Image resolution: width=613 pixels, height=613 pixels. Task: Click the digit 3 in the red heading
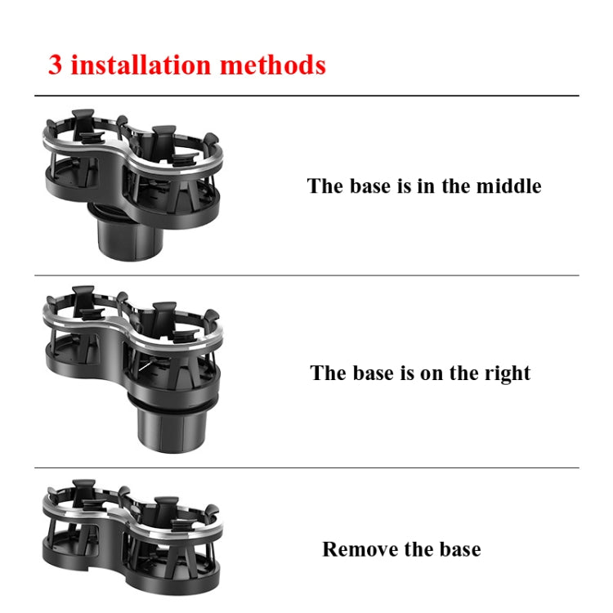(55, 65)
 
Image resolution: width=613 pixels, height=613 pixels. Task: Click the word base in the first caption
(371, 186)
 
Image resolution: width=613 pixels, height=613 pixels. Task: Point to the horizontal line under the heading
(306, 96)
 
